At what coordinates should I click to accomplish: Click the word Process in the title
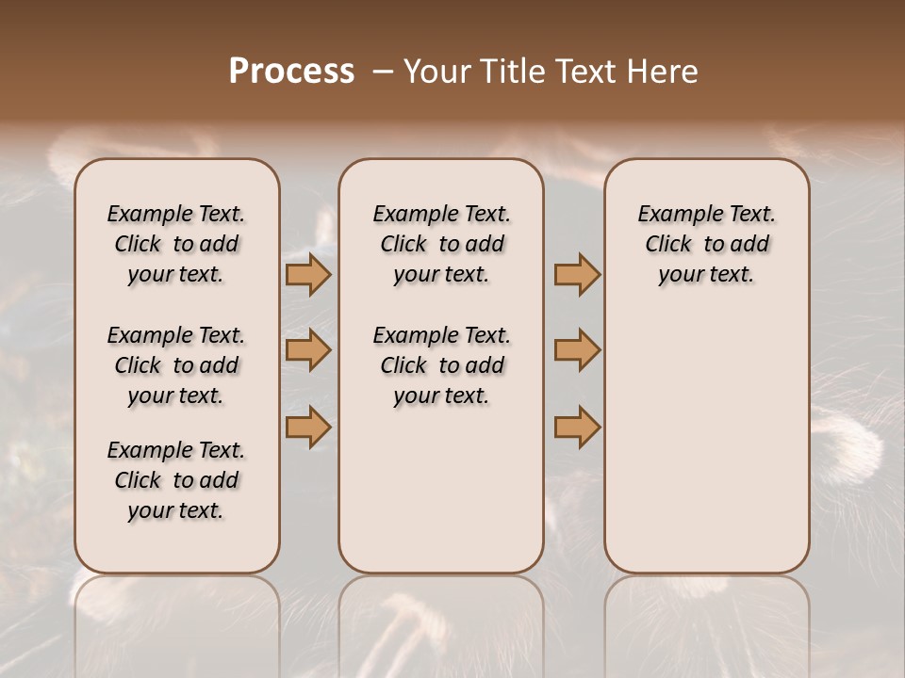pyautogui.click(x=291, y=72)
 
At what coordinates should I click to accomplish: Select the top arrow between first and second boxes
pyautogui.click(x=307, y=275)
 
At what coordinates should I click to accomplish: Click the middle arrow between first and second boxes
pyautogui.click(x=307, y=350)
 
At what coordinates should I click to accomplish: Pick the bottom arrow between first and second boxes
pyautogui.click(x=307, y=427)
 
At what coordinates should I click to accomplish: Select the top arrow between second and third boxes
pyautogui.click(x=577, y=275)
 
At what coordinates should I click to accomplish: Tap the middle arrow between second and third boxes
pyautogui.click(x=577, y=350)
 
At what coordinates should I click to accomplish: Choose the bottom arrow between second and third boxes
pyautogui.click(x=577, y=427)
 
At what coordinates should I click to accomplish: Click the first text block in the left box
pyautogui.click(x=176, y=244)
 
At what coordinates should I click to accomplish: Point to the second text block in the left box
pyautogui.click(x=176, y=365)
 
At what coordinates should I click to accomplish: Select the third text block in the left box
pyautogui.click(x=176, y=480)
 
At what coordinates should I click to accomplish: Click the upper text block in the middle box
pyautogui.click(x=441, y=244)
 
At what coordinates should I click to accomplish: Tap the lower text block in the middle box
pyautogui.click(x=441, y=365)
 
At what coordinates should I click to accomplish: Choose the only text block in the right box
pyautogui.click(x=706, y=244)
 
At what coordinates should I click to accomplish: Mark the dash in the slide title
pyautogui.click(x=383, y=72)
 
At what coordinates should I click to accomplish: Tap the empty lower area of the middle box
pyautogui.click(x=441, y=490)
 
